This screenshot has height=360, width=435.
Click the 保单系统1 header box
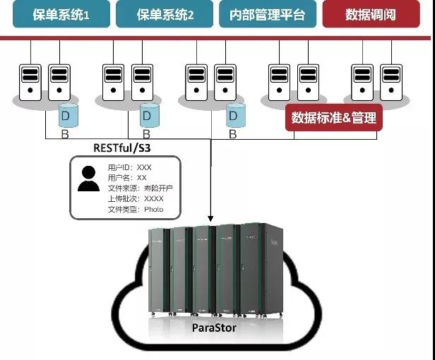[60, 15]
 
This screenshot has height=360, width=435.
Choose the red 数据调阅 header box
[371, 15]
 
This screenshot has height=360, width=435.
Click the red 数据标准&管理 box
[333, 117]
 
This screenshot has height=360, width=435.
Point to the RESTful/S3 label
[121, 148]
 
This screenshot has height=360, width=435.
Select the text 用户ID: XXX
[129, 168]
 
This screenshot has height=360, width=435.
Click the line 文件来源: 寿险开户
[140, 188]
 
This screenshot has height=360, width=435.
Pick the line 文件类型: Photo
[135, 209]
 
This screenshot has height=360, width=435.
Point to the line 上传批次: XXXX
[135, 199]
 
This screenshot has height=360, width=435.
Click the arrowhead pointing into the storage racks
[210, 217]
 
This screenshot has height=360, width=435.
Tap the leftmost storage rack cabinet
[160, 272]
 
